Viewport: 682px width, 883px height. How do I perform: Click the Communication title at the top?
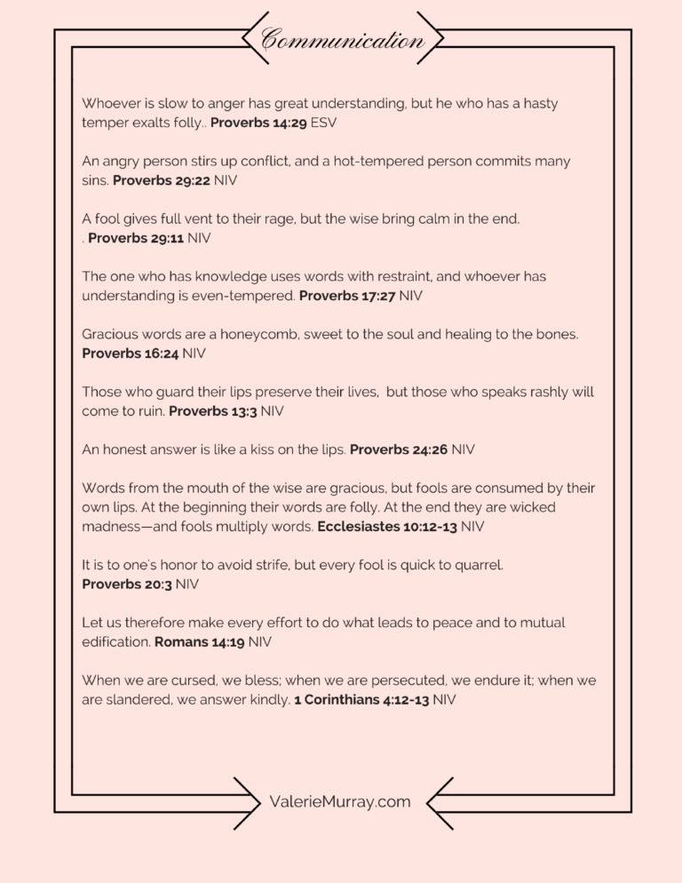(x=342, y=40)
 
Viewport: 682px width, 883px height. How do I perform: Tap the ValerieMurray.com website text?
(x=340, y=801)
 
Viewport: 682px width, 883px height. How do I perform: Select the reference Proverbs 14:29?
(x=258, y=123)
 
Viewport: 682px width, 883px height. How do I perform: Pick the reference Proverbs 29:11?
(x=136, y=238)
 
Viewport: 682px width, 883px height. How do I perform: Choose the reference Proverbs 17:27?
(x=347, y=295)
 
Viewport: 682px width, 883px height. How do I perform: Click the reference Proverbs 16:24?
(x=130, y=353)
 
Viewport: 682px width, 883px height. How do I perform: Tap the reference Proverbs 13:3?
(x=213, y=410)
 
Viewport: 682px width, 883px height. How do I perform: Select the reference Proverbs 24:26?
(x=399, y=449)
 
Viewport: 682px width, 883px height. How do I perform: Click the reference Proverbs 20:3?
(x=126, y=584)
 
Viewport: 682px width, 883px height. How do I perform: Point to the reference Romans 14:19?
(x=200, y=640)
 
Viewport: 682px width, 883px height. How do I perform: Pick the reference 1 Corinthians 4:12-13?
(x=361, y=698)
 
